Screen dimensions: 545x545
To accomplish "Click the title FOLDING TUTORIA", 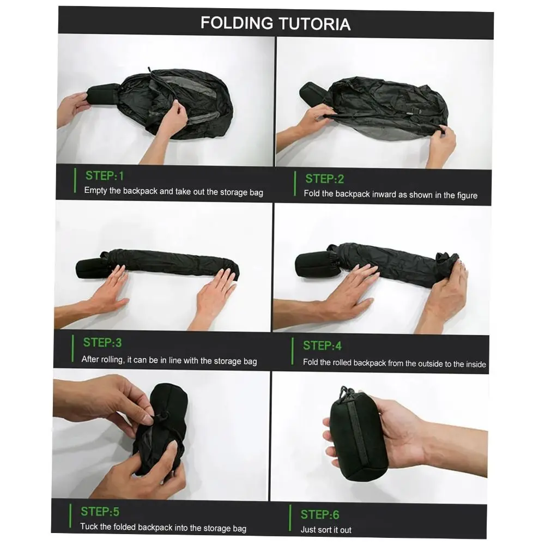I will click(x=275, y=23).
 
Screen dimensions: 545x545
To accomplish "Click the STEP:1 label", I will click(x=105, y=175).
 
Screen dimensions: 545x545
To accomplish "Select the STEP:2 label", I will click(x=324, y=179).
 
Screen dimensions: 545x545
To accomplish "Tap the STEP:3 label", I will click(x=102, y=342).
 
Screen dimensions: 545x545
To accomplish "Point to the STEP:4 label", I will click(x=322, y=346).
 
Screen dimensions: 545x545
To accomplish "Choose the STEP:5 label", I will click(x=100, y=511).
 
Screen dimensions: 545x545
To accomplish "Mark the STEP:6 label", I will click(x=320, y=514).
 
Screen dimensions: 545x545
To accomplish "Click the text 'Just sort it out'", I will click(x=326, y=530).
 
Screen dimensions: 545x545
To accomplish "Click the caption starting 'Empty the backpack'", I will click(x=173, y=191).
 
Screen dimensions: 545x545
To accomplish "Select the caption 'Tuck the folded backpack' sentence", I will click(x=163, y=527).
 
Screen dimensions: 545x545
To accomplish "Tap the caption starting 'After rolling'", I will click(x=169, y=360).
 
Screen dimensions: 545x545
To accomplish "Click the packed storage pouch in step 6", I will click(x=358, y=436).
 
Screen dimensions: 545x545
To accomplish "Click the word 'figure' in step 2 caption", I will click(x=464, y=195).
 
